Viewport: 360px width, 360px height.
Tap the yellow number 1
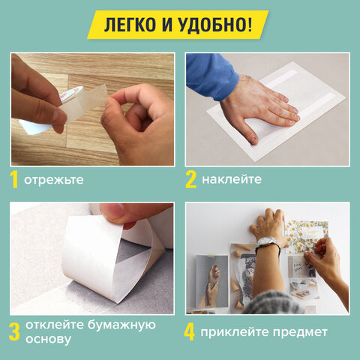pyautogui.click(x=14, y=180)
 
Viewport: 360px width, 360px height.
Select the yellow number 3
pyautogui.click(x=14, y=331)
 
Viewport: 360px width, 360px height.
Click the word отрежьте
pyautogui.click(x=53, y=181)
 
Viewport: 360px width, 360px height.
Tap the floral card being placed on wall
pyautogui.click(x=305, y=236)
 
